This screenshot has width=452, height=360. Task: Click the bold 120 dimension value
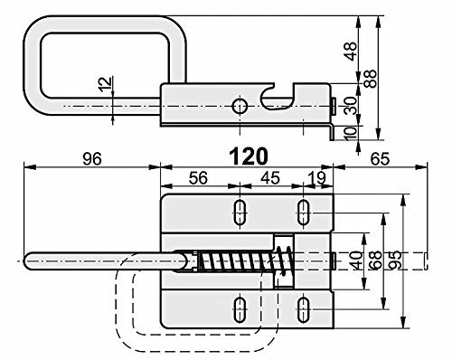coord(249,156)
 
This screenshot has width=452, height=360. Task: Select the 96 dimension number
coord(92,158)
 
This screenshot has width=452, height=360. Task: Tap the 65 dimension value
coord(380,158)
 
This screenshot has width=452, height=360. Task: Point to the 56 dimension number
coord(198,178)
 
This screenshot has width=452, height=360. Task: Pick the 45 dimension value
coord(270,178)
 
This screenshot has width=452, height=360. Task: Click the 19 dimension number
coord(318,178)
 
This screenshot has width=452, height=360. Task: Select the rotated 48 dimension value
coord(351,52)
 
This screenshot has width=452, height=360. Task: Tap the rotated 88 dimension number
coord(371,79)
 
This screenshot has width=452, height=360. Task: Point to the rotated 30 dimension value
coord(351,106)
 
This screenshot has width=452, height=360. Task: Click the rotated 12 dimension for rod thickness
coord(106,84)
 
